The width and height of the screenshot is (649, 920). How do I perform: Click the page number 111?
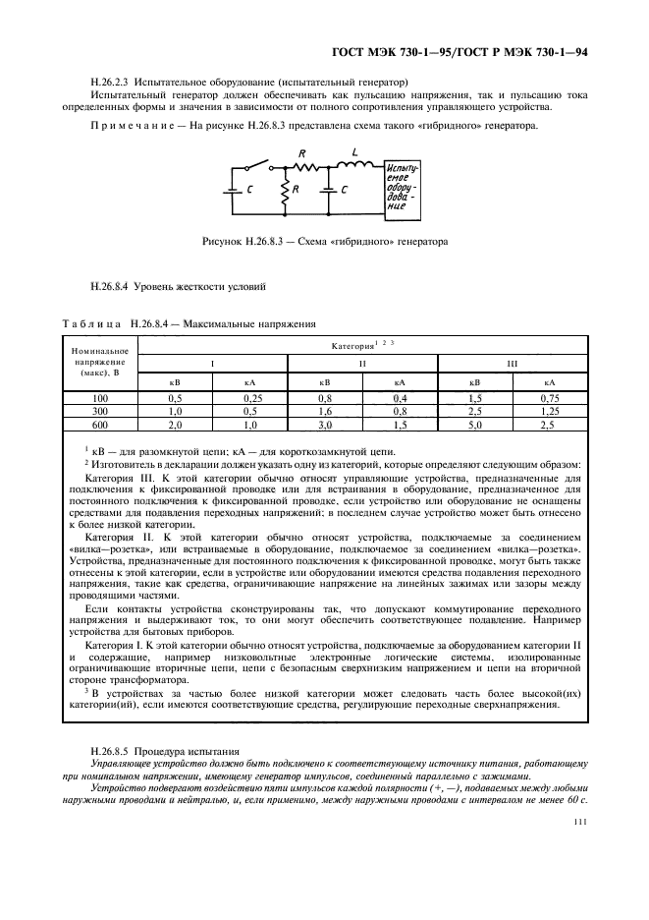tap(578, 826)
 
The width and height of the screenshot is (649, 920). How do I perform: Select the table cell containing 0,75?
tap(550, 397)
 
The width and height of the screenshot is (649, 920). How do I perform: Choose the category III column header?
tap(512, 363)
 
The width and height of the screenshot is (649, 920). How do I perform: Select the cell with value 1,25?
tap(550, 410)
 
